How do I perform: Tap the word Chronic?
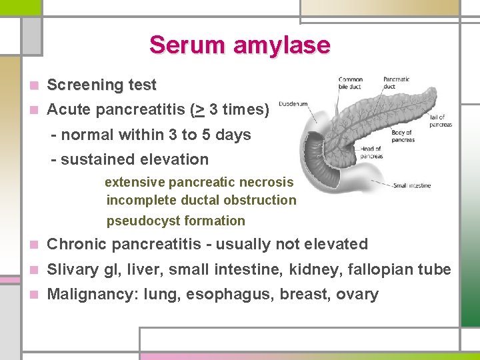click(78, 245)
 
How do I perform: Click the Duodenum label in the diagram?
click(293, 104)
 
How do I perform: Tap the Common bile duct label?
click(350, 83)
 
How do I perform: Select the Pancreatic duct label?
click(396, 83)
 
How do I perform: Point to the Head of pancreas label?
click(372, 153)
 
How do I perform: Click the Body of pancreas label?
click(403, 137)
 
